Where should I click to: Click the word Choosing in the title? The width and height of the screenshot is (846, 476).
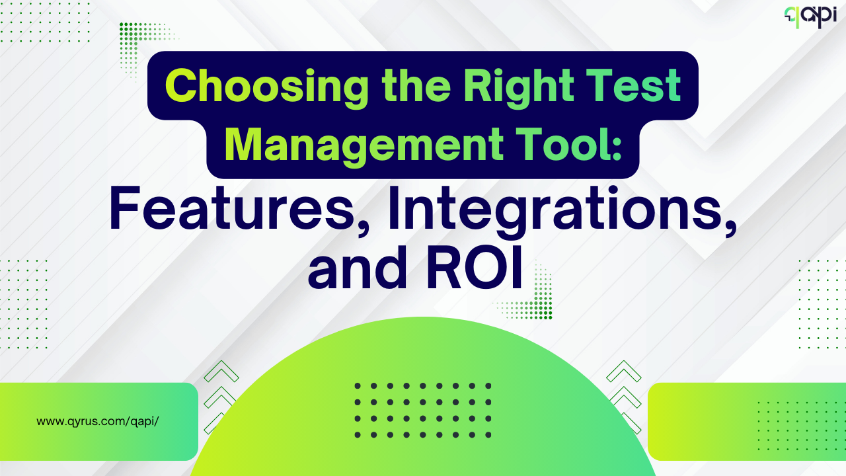pos(266,88)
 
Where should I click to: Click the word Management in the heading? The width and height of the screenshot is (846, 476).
pos(364,147)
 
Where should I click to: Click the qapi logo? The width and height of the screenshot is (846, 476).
pos(810,17)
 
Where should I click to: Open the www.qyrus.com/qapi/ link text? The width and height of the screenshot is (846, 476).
pos(97,421)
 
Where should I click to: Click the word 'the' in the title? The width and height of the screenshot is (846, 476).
pos(416,86)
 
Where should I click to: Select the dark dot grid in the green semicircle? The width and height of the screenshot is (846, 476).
pos(423,411)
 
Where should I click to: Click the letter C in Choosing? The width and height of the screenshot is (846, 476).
pos(182,86)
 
